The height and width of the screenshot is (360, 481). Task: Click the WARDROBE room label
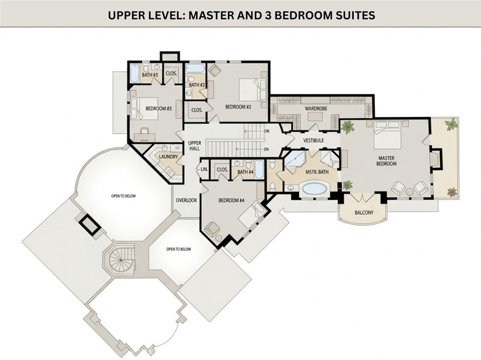(x=316, y=108)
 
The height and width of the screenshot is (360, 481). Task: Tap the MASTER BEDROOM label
(x=386, y=161)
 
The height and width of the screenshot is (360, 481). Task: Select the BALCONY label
(x=364, y=213)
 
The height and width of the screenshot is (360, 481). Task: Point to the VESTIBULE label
(x=313, y=140)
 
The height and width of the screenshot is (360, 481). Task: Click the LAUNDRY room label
(x=169, y=157)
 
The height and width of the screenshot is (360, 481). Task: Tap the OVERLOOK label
(x=186, y=200)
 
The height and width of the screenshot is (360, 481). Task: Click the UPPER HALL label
(x=194, y=146)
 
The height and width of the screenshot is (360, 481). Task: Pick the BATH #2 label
(x=197, y=84)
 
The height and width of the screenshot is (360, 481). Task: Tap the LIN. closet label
(x=204, y=169)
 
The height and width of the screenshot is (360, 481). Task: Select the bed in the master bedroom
(x=388, y=137)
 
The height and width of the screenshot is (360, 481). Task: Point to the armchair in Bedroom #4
(x=212, y=229)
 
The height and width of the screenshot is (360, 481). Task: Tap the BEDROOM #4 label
(x=231, y=200)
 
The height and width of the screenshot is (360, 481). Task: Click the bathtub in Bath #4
(x=259, y=169)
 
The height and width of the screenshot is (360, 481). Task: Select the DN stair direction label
(x=266, y=149)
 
